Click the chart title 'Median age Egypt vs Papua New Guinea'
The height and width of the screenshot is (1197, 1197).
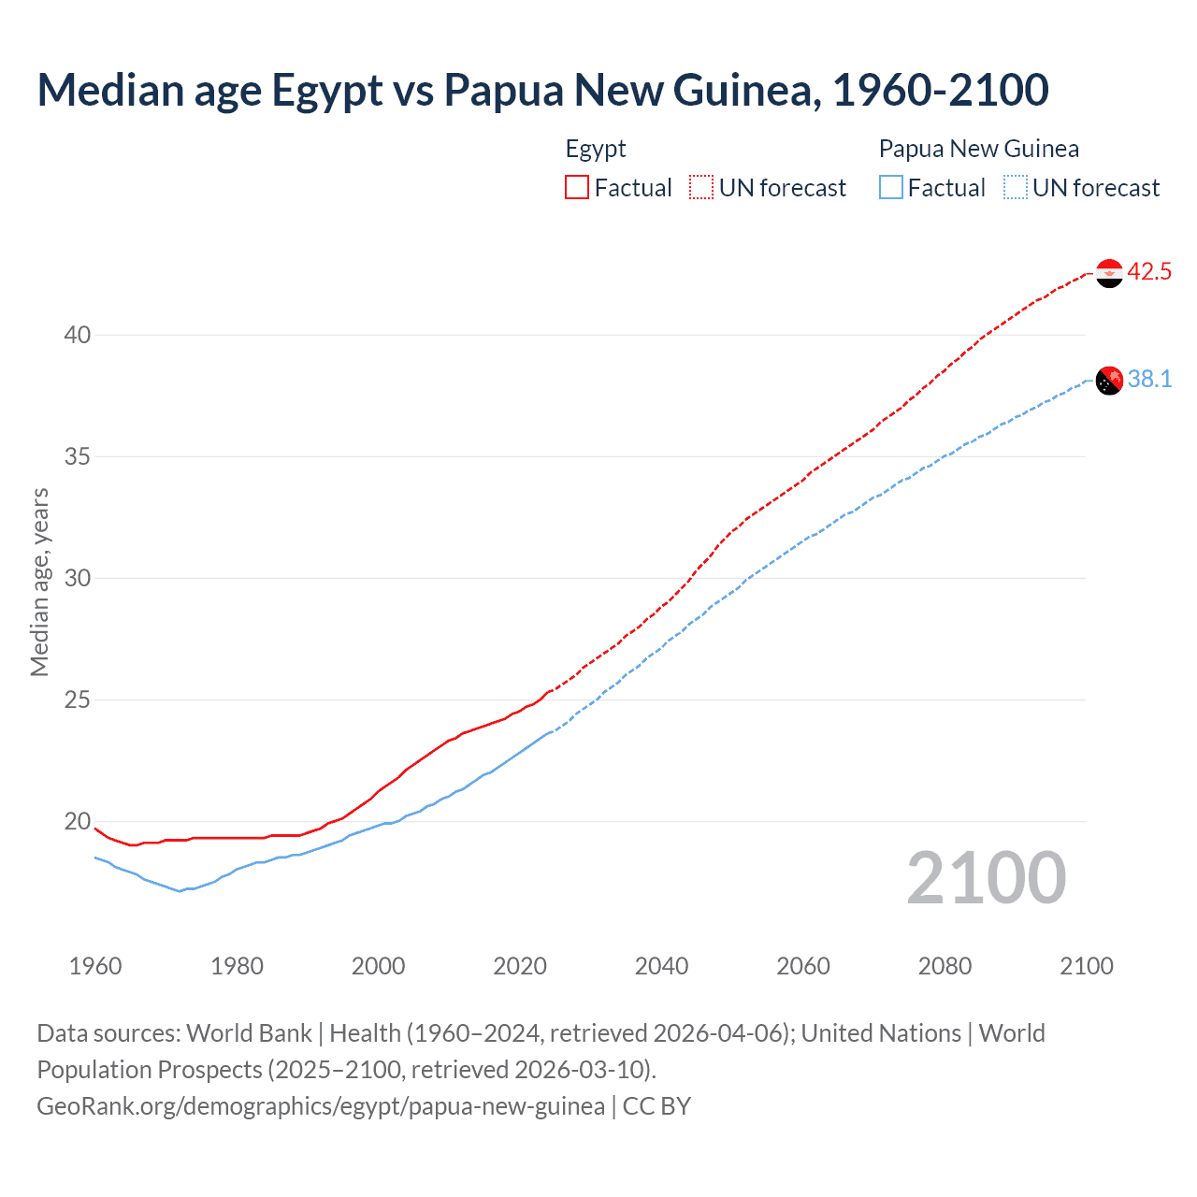pyautogui.click(x=542, y=90)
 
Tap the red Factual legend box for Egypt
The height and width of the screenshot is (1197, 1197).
pyautogui.click(x=577, y=188)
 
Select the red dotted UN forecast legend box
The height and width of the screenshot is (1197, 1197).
pyautogui.click(x=701, y=188)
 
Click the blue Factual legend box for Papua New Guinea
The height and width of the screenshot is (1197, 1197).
pyautogui.click(x=891, y=188)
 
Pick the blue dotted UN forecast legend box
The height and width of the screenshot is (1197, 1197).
pyautogui.click(x=1016, y=188)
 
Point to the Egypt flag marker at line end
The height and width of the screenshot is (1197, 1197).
pyautogui.click(x=1109, y=273)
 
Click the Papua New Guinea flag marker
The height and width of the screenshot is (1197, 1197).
pyautogui.click(x=1109, y=381)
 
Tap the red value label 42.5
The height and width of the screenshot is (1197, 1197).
pyautogui.click(x=1149, y=272)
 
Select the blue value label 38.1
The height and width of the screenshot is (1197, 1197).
pyautogui.click(x=1149, y=379)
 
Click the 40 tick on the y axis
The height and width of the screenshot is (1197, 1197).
pyautogui.click(x=78, y=335)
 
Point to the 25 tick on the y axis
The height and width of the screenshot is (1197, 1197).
pyautogui.click(x=78, y=699)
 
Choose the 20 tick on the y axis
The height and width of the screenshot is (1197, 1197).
pyautogui.click(x=78, y=822)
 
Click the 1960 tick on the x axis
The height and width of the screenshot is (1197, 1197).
pyautogui.click(x=95, y=966)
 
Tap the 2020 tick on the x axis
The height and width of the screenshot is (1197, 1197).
pyautogui.click(x=520, y=966)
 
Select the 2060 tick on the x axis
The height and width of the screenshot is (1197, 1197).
pyautogui.click(x=803, y=966)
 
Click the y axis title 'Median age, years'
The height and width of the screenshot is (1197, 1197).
pyautogui.click(x=39, y=582)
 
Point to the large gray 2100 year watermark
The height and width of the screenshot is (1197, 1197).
pyautogui.click(x=987, y=878)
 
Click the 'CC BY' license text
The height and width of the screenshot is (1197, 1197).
pyautogui.click(x=656, y=1106)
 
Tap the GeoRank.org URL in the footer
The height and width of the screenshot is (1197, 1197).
pyautogui.click(x=321, y=1106)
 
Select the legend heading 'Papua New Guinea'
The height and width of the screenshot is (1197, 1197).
pyautogui.click(x=979, y=149)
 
